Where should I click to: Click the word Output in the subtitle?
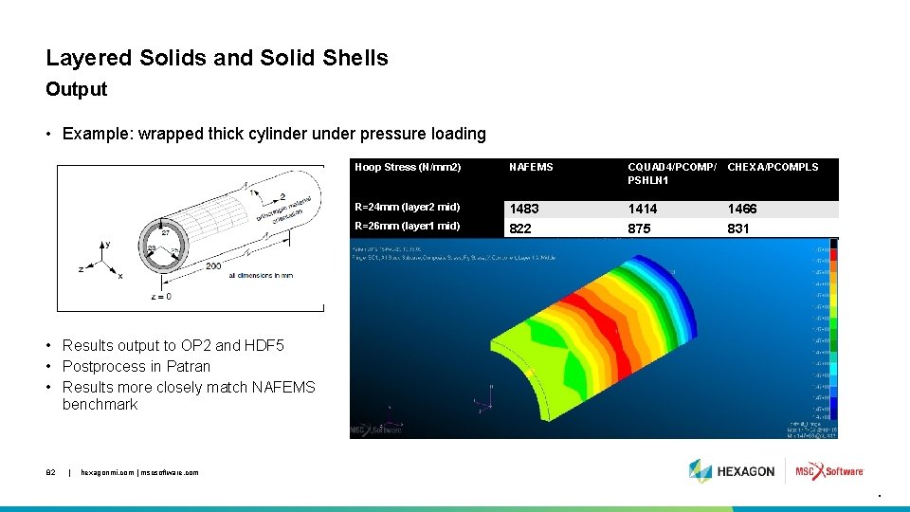pyautogui.click(x=77, y=90)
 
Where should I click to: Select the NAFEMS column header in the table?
pyautogui.click(x=531, y=167)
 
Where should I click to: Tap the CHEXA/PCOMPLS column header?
pyautogui.click(x=773, y=167)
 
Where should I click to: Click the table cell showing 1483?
pyautogui.click(x=526, y=209)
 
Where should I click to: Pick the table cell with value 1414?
pyautogui.click(x=643, y=209)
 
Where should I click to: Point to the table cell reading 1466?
pyautogui.click(x=742, y=209)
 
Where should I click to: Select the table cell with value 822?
pyautogui.click(x=520, y=229)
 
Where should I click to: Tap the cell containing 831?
pyautogui.click(x=738, y=229)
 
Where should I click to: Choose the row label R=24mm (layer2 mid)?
pyautogui.click(x=407, y=208)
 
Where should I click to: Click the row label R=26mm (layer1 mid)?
pyautogui.click(x=407, y=226)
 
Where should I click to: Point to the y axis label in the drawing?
pyautogui.click(x=107, y=244)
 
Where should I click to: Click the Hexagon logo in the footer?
pyautogui.click(x=732, y=471)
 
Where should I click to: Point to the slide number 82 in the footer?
pyautogui.click(x=51, y=472)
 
